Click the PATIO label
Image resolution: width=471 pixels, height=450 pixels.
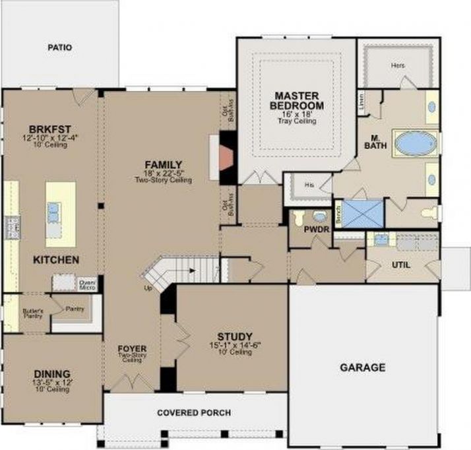(59, 48)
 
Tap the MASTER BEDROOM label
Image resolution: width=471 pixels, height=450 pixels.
(299, 100)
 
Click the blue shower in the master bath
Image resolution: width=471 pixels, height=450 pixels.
(361, 214)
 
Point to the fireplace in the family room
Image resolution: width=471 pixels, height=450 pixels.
(226, 156)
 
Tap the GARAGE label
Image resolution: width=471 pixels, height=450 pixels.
(362, 368)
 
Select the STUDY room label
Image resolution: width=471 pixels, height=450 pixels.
(235, 336)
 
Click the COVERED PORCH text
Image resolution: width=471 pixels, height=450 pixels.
(194, 413)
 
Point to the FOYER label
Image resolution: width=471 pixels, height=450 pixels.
(132, 349)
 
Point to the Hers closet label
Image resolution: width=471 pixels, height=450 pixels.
(398, 65)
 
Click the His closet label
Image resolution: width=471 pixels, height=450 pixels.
(309, 185)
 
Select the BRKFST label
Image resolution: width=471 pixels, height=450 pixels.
(49, 129)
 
